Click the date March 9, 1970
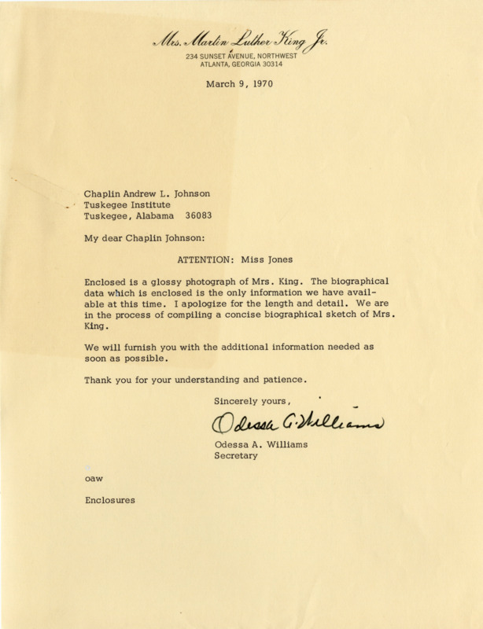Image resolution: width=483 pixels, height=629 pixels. tap(238, 85)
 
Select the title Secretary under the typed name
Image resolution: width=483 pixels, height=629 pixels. tap(236, 457)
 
